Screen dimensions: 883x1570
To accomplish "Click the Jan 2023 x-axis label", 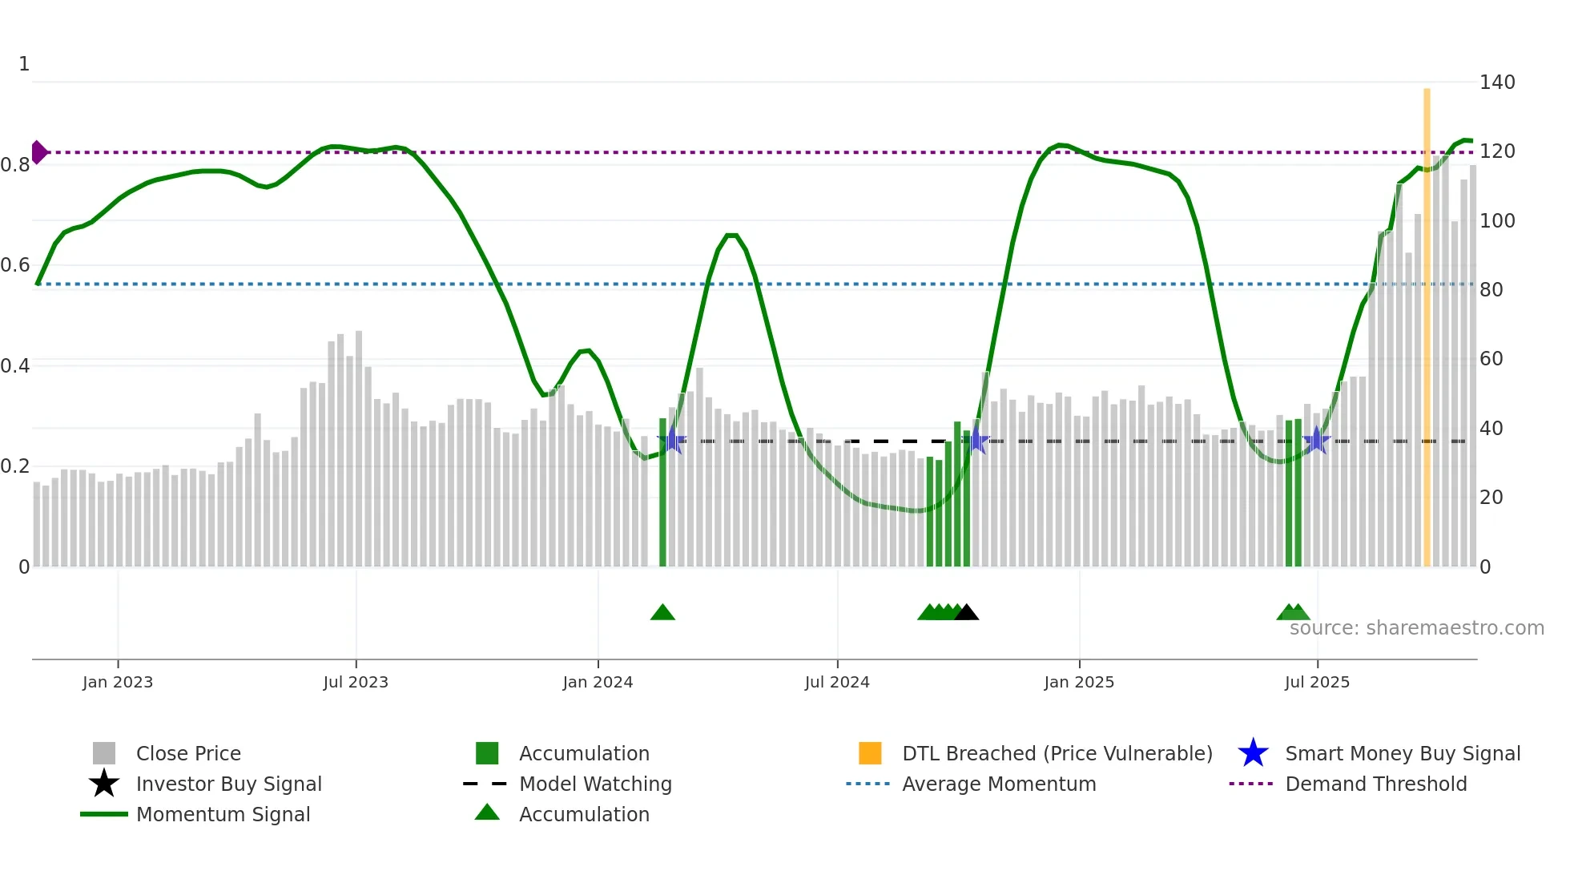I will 117,682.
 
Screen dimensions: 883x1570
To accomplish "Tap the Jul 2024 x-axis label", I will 837,682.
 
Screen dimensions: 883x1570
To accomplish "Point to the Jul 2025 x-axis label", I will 1317,682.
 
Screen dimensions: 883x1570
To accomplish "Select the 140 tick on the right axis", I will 1497,83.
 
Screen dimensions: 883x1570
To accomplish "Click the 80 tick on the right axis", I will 1491,290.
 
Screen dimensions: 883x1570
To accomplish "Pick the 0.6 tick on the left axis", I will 15,265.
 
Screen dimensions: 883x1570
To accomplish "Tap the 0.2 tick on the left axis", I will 15,466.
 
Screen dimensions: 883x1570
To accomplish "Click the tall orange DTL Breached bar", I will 1427,321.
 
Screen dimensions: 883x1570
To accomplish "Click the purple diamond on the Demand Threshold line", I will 38,152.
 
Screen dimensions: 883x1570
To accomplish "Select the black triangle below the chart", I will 967,613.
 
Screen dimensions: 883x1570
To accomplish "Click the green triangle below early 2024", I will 662,613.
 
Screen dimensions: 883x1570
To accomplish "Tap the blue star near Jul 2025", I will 1316,440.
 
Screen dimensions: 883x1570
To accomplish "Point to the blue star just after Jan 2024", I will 672,440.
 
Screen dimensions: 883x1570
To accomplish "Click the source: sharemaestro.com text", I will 1416,628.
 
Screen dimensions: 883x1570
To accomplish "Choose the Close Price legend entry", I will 188,753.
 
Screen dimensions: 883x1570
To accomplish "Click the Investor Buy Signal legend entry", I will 228,784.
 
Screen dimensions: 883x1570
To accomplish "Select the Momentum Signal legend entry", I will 223,814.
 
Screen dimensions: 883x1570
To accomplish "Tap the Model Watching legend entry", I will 595,784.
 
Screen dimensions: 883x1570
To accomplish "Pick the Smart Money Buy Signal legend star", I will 1253,753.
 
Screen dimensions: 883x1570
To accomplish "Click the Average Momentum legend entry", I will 999,784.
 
